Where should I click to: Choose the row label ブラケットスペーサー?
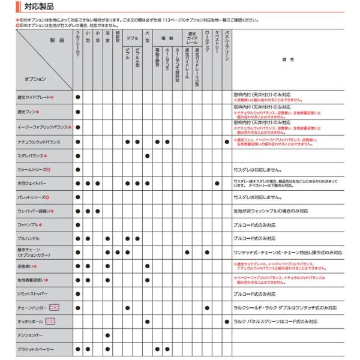click(x=36, y=349)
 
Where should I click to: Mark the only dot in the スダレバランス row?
click(x=147, y=156)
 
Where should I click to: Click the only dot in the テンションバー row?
click(x=107, y=335)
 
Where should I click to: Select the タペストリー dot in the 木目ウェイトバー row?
click(x=217, y=183)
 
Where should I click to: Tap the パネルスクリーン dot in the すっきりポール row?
click(x=227, y=322)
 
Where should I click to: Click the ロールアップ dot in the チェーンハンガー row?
click(x=206, y=308)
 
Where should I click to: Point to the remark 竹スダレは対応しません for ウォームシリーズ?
click(x=260, y=170)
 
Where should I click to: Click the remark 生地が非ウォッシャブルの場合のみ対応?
click(x=271, y=211)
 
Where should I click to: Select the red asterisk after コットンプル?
click(x=40, y=225)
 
